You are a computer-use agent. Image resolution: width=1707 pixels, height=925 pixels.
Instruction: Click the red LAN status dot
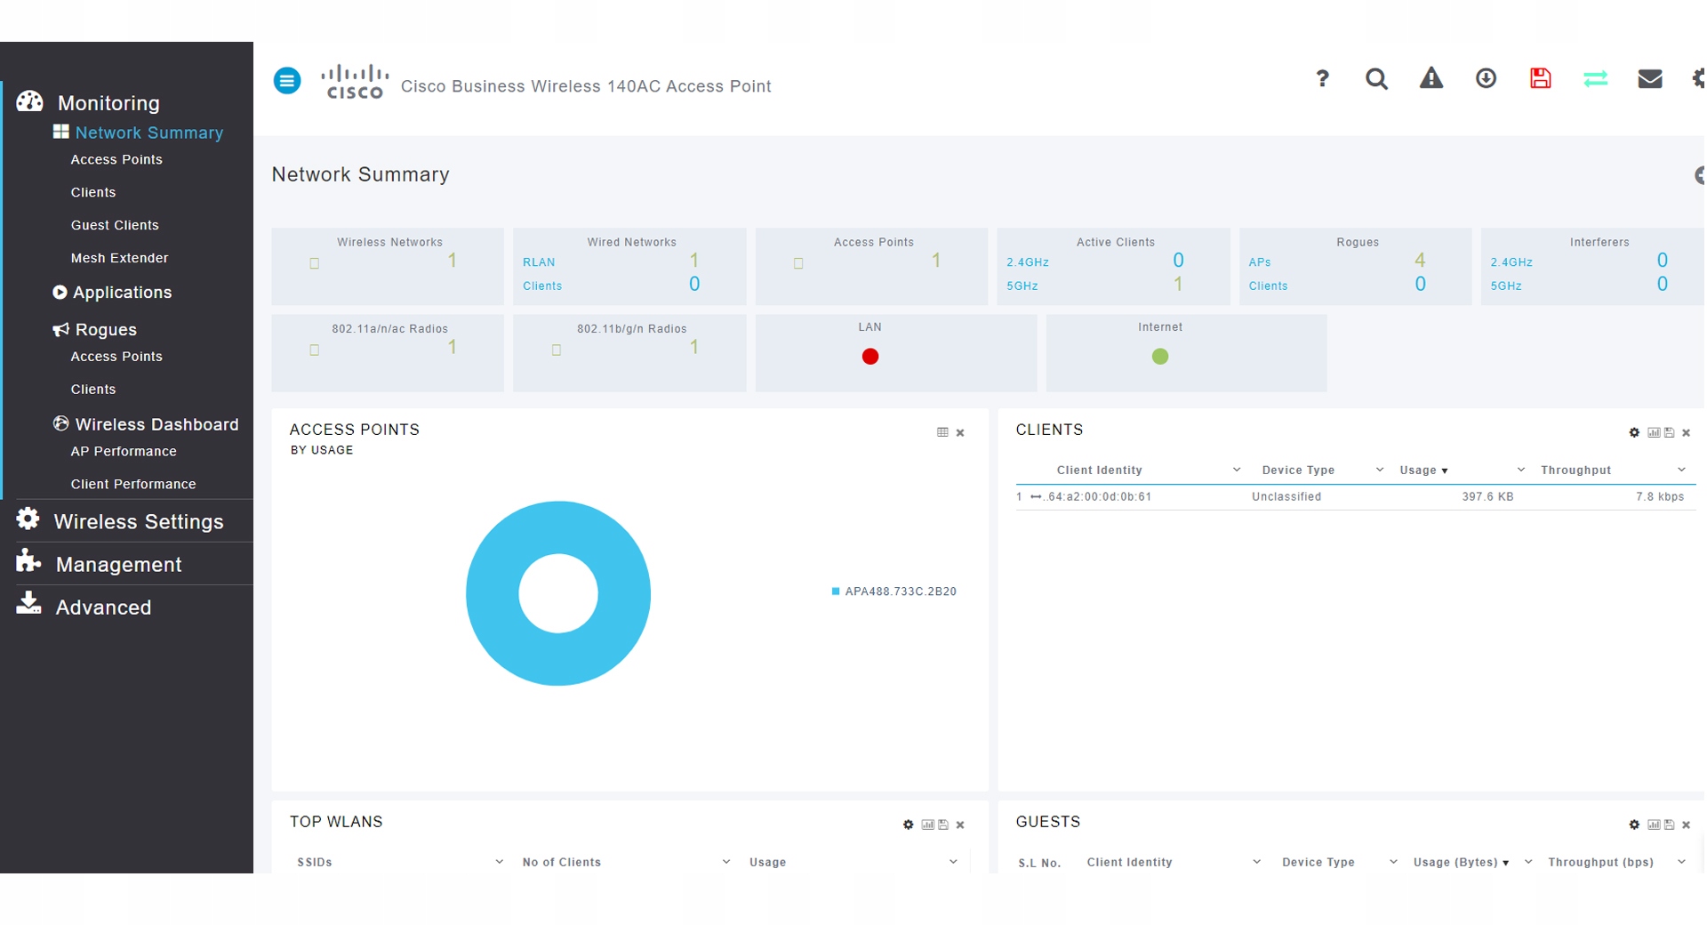[870, 357]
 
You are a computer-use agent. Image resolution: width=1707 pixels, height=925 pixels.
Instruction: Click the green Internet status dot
[1160, 357]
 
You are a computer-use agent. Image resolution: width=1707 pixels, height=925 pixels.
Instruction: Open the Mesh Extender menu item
[119, 258]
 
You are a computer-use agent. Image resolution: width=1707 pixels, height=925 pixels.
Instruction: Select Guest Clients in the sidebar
[115, 225]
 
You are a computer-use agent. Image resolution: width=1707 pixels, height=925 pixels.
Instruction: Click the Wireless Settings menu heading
[139, 521]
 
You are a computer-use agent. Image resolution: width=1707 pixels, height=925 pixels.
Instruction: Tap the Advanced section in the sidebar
[103, 607]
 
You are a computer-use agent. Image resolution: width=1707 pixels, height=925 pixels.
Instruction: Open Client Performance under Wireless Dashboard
[133, 484]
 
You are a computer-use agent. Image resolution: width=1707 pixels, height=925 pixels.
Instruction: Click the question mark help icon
[1322, 79]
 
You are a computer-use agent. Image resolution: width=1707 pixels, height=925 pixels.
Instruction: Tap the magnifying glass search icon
[1376, 79]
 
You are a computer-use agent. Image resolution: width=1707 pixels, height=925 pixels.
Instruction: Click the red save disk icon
[1541, 78]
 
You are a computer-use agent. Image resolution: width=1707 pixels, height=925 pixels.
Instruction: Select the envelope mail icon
[1650, 79]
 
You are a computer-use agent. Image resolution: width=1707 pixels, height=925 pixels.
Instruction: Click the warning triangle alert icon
[1431, 78]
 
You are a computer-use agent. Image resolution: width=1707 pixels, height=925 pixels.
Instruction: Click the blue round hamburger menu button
[287, 81]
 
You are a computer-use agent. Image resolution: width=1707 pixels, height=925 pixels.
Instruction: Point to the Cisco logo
[355, 81]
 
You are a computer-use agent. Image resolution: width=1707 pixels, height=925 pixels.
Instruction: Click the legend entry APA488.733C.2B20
[894, 591]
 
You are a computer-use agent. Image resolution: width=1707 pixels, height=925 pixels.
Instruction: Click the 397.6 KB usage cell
[1487, 497]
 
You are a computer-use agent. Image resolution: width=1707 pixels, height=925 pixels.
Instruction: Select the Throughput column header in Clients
[1575, 471]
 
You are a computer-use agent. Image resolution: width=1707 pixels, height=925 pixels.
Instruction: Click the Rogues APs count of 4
[1420, 261]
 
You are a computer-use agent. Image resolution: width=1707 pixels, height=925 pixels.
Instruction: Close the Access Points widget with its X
[960, 433]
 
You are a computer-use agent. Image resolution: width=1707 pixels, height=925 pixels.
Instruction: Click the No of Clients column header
[562, 863]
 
